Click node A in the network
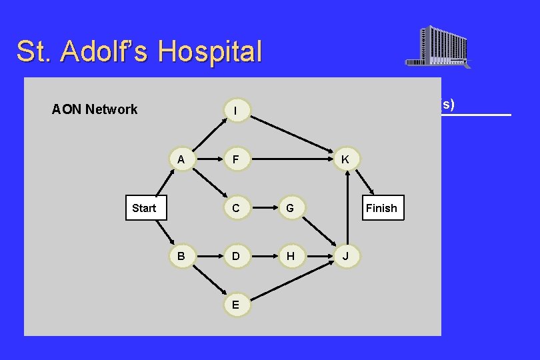pos(181,160)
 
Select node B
pos(181,256)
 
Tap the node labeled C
pos(236,208)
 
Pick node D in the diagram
pos(236,256)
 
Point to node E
pos(236,304)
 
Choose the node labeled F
pos(236,160)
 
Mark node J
pos(345,256)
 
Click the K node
pos(345,160)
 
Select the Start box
pos(144,208)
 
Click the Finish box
pos(381,208)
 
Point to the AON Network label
pos(95,109)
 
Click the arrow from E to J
pos(291,280)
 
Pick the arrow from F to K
pos(292,160)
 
